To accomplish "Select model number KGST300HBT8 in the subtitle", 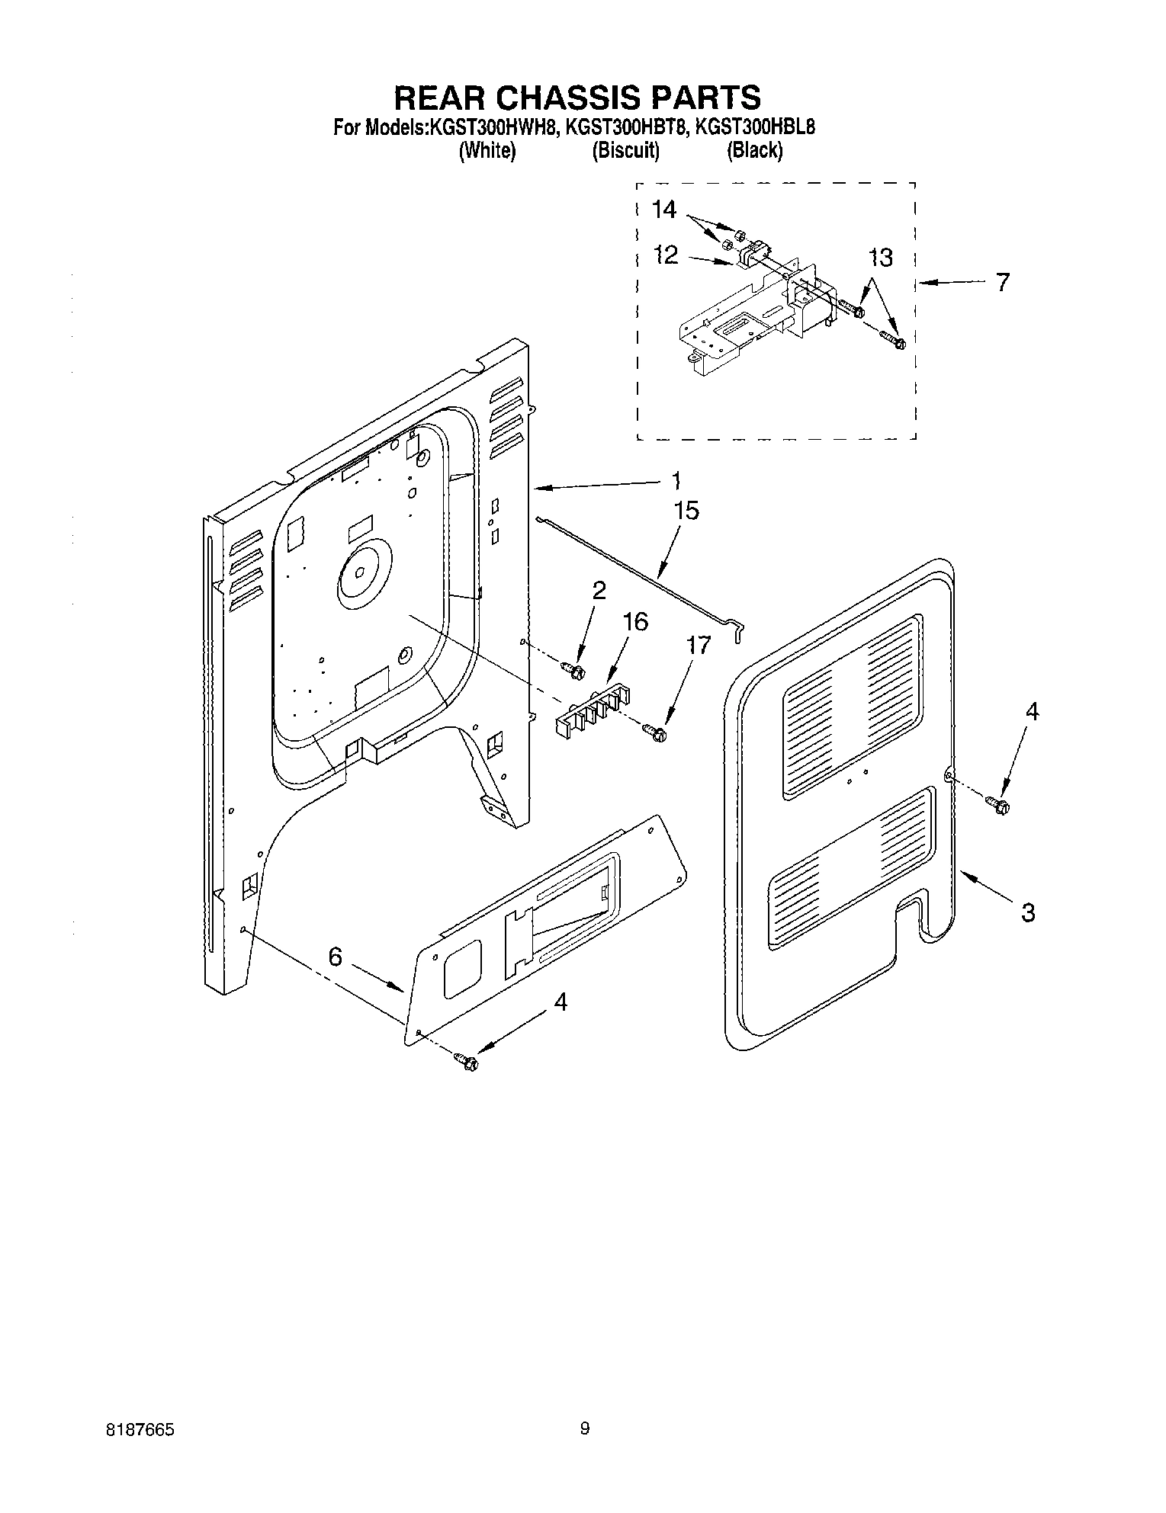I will pos(627,127).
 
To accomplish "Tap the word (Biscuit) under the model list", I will pos(625,151).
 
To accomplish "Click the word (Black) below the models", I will pos(754,151).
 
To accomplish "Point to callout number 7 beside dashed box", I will pos(1002,282).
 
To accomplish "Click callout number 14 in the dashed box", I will pos(664,210).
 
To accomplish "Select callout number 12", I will pos(666,255).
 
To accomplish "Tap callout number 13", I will pos(880,258).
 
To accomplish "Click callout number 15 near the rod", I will pos(686,510).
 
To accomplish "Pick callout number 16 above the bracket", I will pos(634,622).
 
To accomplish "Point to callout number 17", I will pos(697,645).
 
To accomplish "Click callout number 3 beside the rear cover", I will pos(1027,912).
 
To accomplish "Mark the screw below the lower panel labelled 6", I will pos(466,1060).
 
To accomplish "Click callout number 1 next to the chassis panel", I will pos(675,480).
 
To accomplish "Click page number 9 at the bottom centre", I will pos(585,1428).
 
